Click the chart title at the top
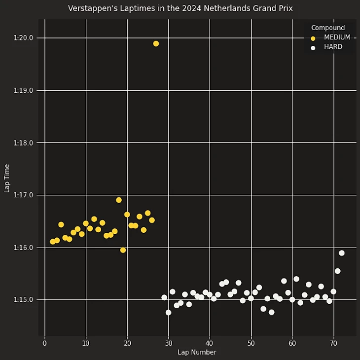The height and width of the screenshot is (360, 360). click(180, 8)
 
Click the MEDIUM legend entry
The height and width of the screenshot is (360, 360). click(337, 37)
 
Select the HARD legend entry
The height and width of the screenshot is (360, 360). click(333, 47)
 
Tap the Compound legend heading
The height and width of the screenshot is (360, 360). click(328, 28)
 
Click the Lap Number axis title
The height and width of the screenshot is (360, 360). click(197, 352)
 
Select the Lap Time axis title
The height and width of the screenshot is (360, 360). click(7, 178)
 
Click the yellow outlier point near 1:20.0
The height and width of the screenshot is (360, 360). click(156, 43)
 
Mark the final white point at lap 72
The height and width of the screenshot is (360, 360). click(342, 253)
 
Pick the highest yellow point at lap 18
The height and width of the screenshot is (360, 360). click(119, 200)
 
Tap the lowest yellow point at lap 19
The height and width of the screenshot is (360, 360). click(123, 250)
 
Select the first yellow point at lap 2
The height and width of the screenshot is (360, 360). click(53, 242)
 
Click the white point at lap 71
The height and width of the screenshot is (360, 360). click(337, 271)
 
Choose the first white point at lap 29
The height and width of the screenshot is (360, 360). click(164, 297)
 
